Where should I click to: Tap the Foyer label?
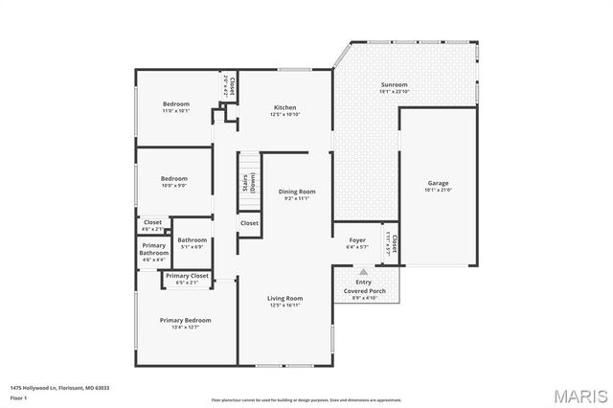pyautogui.click(x=356, y=242)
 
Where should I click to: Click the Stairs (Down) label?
pyautogui.click(x=251, y=184)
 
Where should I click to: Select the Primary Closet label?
pyautogui.click(x=186, y=279)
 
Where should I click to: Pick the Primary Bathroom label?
pyautogui.click(x=153, y=252)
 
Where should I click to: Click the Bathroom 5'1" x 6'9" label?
pyautogui.click(x=192, y=242)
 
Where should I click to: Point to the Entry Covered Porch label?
pyautogui.click(x=364, y=289)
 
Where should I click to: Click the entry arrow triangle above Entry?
pyautogui.click(x=364, y=272)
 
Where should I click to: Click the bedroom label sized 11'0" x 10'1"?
pyautogui.click(x=175, y=106)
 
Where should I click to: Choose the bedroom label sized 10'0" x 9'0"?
pyautogui.click(x=173, y=181)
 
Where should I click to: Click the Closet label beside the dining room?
pyautogui.click(x=249, y=223)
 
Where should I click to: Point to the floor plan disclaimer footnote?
pyautogui.click(x=307, y=399)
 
